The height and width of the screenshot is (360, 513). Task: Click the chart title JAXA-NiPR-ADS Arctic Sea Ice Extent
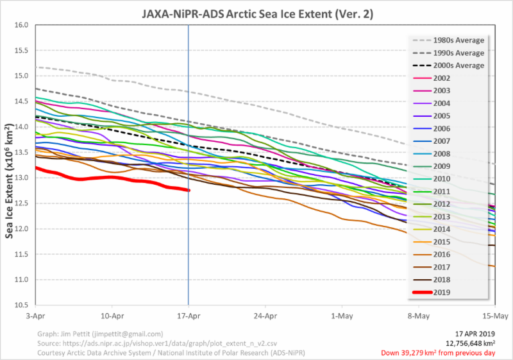pos(256,13)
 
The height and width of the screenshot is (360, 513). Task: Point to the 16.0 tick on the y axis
pos(22,25)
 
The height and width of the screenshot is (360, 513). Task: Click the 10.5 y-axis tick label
pos(22,305)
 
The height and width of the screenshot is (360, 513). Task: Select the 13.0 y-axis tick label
pos(22,178)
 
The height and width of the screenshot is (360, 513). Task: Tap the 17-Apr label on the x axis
pos(189,316)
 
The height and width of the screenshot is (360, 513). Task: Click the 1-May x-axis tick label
pos(341,316)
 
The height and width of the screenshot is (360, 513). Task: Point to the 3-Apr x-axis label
pos(36,316)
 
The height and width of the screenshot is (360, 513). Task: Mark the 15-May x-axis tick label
pos(494,316)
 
